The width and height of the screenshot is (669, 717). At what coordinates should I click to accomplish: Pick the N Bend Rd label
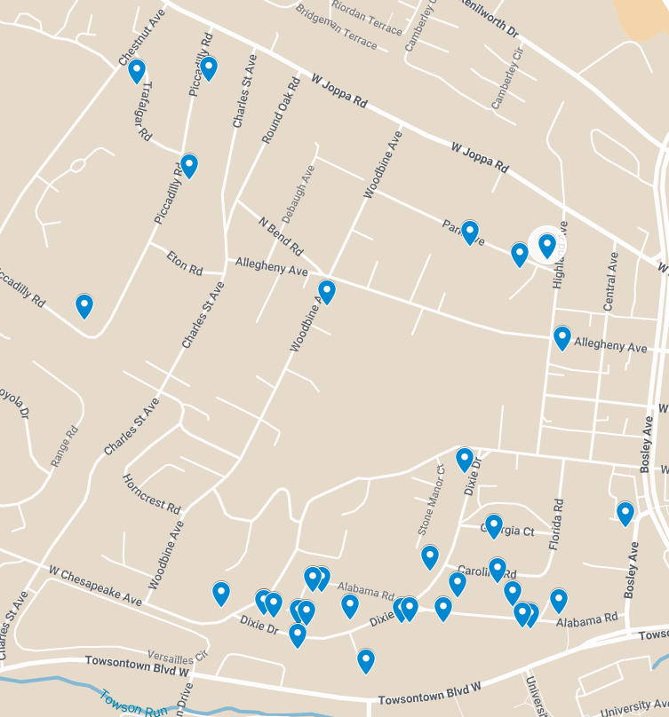tap(281, 233)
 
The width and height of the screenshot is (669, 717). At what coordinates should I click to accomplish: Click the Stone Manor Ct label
tap(430, 499)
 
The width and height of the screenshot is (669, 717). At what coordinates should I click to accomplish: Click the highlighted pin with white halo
tap(546, 245)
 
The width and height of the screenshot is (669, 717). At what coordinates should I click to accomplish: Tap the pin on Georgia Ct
tap(493, 525)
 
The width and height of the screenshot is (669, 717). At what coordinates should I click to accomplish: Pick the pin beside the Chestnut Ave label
tap(137, 70)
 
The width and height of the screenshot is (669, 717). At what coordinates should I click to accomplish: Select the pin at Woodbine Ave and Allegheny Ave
tap(327, 291)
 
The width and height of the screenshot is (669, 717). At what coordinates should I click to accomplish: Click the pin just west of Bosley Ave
tap(625, 512)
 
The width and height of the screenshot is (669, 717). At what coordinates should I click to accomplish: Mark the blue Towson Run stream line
tap(53, 682)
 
